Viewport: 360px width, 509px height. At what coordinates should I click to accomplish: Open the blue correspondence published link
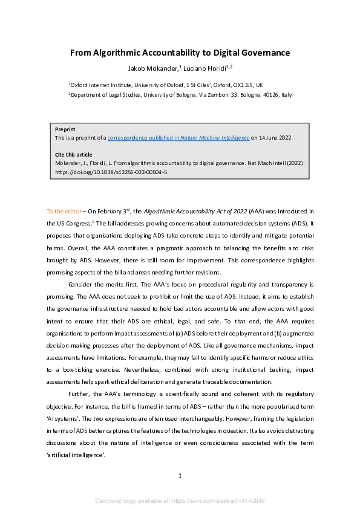click(x=178, y=138)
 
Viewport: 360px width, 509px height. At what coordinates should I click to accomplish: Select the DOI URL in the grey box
click(x=111, y=172)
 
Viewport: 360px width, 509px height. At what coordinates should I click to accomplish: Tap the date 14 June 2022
click(x=275, y=138)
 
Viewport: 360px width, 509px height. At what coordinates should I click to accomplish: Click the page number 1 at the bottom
click(x=180, y=476)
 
